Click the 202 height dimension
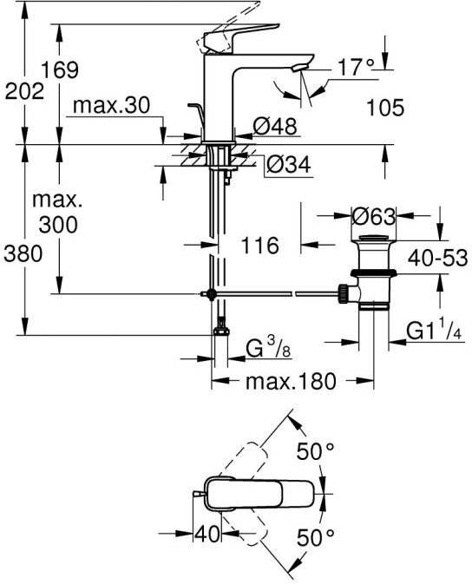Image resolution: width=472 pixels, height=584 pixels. pyautogui.click(x=24, y=92)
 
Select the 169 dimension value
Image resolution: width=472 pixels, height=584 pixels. pyautogui.click(x=60, y=69)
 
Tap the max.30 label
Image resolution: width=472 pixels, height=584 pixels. pyautogui.click(x=111, y=105)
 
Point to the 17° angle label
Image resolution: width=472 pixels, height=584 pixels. pyautogui.click(x=356, y=67)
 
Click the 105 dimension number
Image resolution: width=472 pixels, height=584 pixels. pyautogui.click(x=385, y=108)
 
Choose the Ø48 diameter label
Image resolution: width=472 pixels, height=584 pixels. pyautogui.click(x=275, y=126)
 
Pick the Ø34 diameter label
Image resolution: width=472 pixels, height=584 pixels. pyautogui.click(x=288, y=164)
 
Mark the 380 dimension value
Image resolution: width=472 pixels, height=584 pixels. pyautogui.click(x=23, y=254)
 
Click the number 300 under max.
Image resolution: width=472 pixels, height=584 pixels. pyautogui.click(x=58, y=225)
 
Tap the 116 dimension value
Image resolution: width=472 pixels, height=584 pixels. pyautogui.click(x=260, y=246)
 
